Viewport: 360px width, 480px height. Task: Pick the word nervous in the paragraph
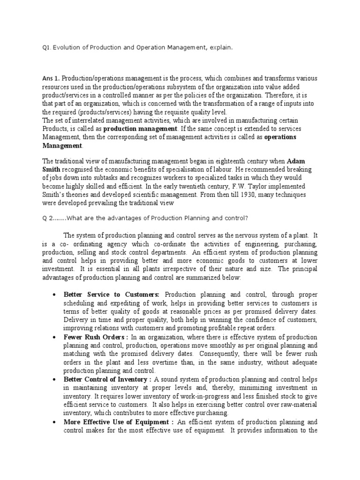click(234, 235)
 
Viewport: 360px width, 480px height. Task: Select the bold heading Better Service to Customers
click(112, 294)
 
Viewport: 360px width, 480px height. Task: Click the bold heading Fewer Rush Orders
click(95, 337)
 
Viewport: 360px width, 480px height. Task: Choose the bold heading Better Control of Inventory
click(107, 379)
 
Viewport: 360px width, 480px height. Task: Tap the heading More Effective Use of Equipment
click(119, 422)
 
